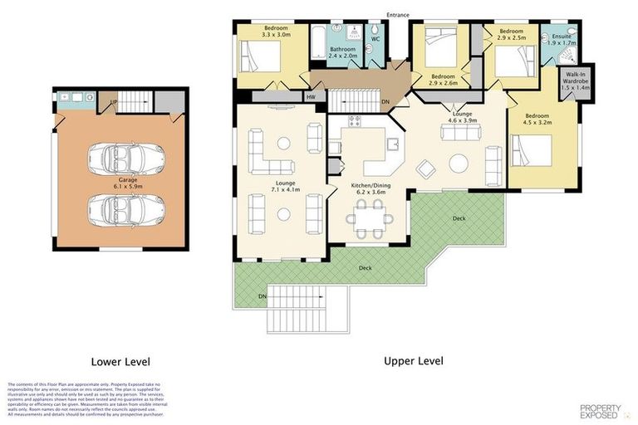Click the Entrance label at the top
[x=398, y=14]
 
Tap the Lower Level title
[x=120, y=361]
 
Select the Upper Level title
[x=413, y=360]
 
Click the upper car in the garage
[x=120, y=155]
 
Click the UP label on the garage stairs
[x=114, y=103]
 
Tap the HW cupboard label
[x=311, y=97]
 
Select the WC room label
[x=375, y=39]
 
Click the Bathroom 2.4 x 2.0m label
[x=342, y=52]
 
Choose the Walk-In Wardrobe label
[x=574, y=81]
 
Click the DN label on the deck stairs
[x=263, y=296]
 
